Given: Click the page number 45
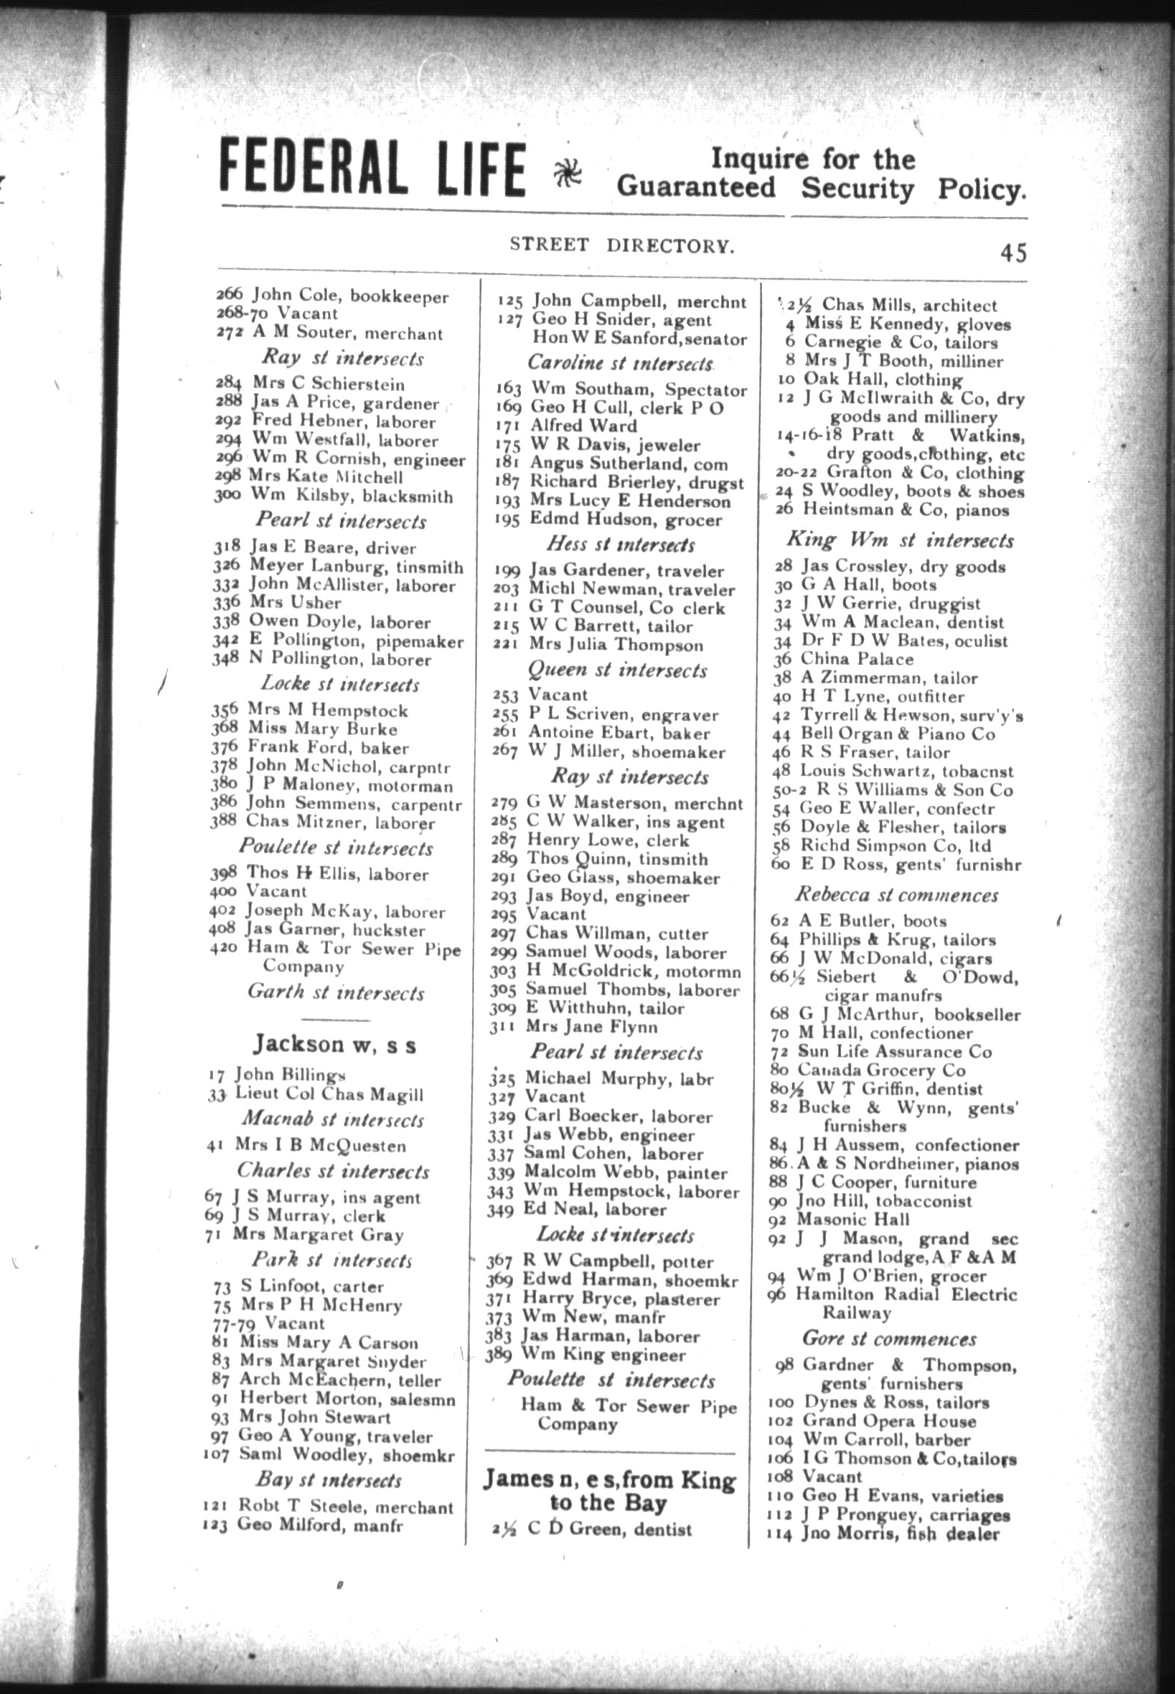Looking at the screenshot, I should [1013, 254].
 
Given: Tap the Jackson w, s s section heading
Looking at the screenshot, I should [334, 1045].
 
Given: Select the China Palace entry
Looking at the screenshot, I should [856, 659].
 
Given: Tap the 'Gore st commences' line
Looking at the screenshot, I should [889, 1338].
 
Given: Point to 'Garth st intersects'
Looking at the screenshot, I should [336, 993].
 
